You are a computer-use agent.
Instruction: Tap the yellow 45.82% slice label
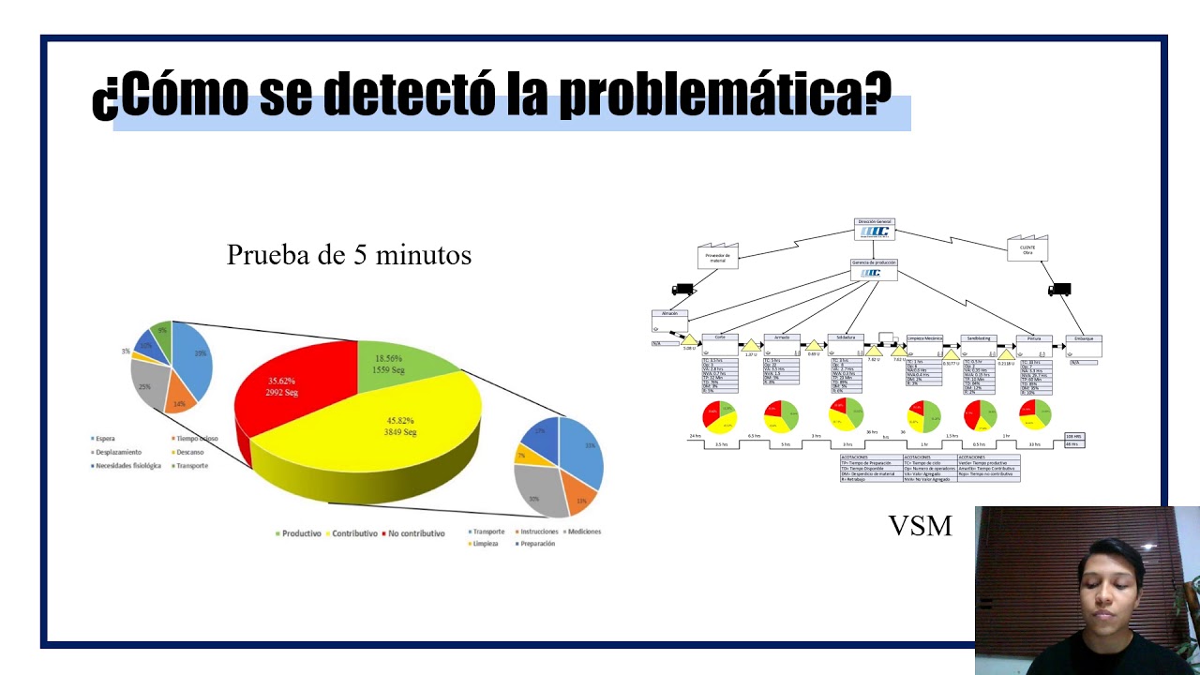(x=399, y=427)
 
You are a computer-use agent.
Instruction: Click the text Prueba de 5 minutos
(x=349, y=255)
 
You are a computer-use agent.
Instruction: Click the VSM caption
(x=920, y=526)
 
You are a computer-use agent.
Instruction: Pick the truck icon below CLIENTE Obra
(x=1059, y=290)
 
